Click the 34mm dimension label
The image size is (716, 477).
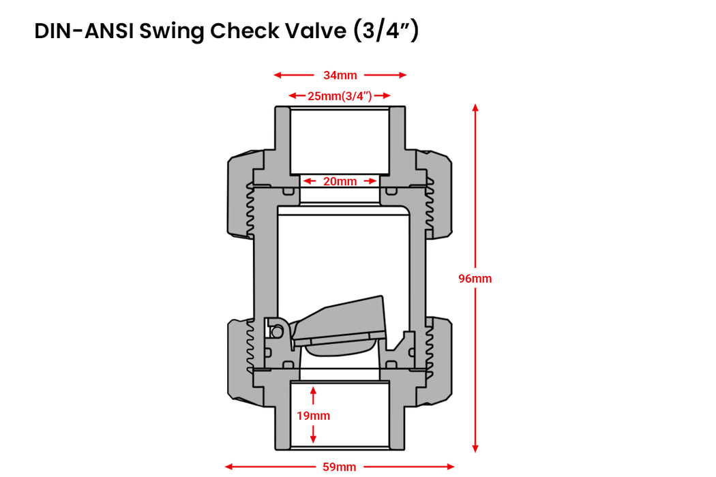[x=340, y=76]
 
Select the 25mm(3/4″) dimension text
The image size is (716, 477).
[x=340, y=96]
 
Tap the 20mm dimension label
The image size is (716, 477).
[x=340, y=181]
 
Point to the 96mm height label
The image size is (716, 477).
[x=475, y=279]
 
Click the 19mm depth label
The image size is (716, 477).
[x=313, y=416]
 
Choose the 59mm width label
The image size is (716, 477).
[x=340, y=467]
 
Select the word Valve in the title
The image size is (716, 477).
[x=313, y=31]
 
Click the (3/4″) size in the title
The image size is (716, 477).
[x=386, y=31]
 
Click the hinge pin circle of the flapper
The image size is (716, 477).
[x=277, y=331]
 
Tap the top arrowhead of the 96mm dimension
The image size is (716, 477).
[x=475, y=108]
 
